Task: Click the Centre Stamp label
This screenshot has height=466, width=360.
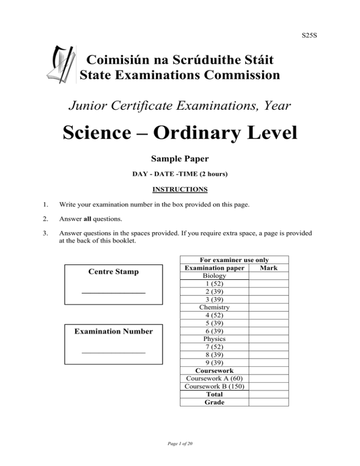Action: [x=113, y=272]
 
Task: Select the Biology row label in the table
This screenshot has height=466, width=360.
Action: [x=214, y=276]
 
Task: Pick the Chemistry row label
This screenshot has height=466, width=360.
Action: [x=214, y=307]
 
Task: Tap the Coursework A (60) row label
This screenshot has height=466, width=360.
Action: [x=214, y=378]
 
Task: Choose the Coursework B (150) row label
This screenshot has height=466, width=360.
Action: [x=214, y=386]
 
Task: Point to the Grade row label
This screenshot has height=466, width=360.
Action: [x=214, y=402]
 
